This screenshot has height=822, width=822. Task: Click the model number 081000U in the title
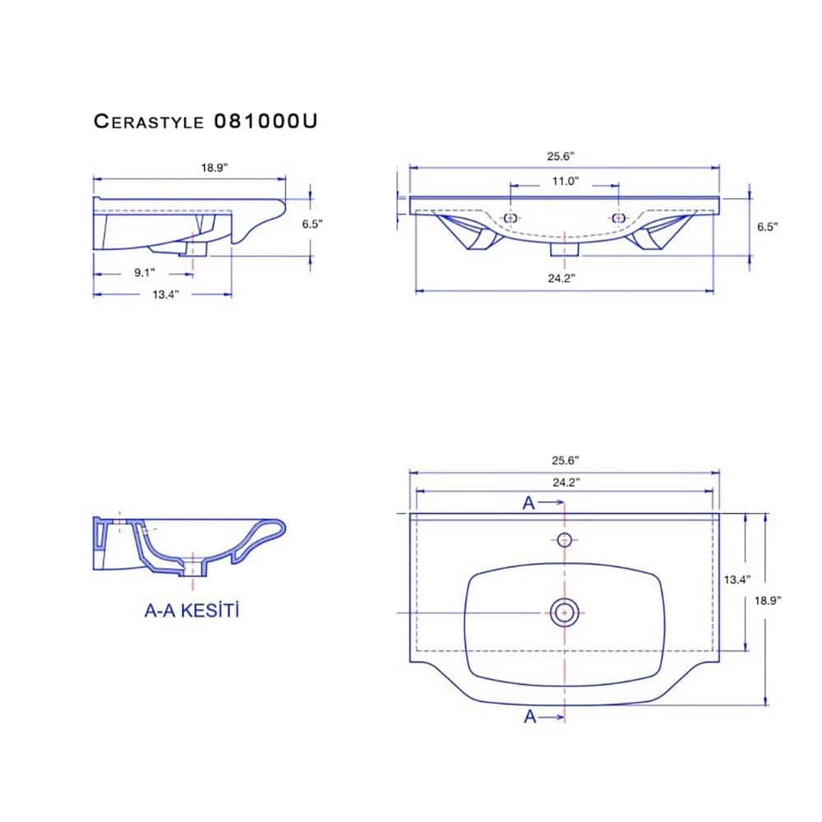(x=265, y=122)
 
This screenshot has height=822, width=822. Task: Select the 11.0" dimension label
(x=565, y=181)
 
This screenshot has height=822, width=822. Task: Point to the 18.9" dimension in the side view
(x=214, y=168)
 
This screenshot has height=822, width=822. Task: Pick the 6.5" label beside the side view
(x=312, y=223)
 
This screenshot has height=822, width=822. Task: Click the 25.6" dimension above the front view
(x=565, y=155)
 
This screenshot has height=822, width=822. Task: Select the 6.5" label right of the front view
(x=767, y=227)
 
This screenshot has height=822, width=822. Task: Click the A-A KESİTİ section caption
(x=192, y=611)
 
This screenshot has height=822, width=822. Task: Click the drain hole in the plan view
(x=565, y=611)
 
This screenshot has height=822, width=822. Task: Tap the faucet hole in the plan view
(x=565, y=539)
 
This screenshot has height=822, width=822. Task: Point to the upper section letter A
(x=529, y=504)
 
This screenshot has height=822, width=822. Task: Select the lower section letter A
(x=530, y=717)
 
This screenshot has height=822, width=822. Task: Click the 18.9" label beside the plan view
(x=768, y=600)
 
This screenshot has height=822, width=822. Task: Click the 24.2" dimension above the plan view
(x=565, y=483)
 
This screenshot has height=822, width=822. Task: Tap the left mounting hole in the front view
(x=510, y=218)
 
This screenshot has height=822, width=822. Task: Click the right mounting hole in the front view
(x=619, y=218)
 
